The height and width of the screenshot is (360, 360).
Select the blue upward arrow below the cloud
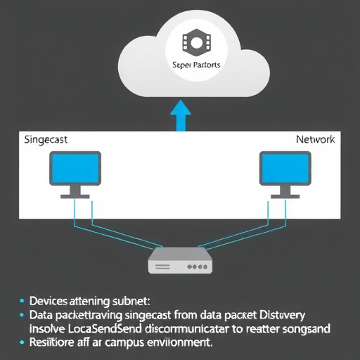click(181, 115)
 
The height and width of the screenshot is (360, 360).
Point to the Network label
click(315, 140)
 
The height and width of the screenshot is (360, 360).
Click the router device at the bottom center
click(180, 262)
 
